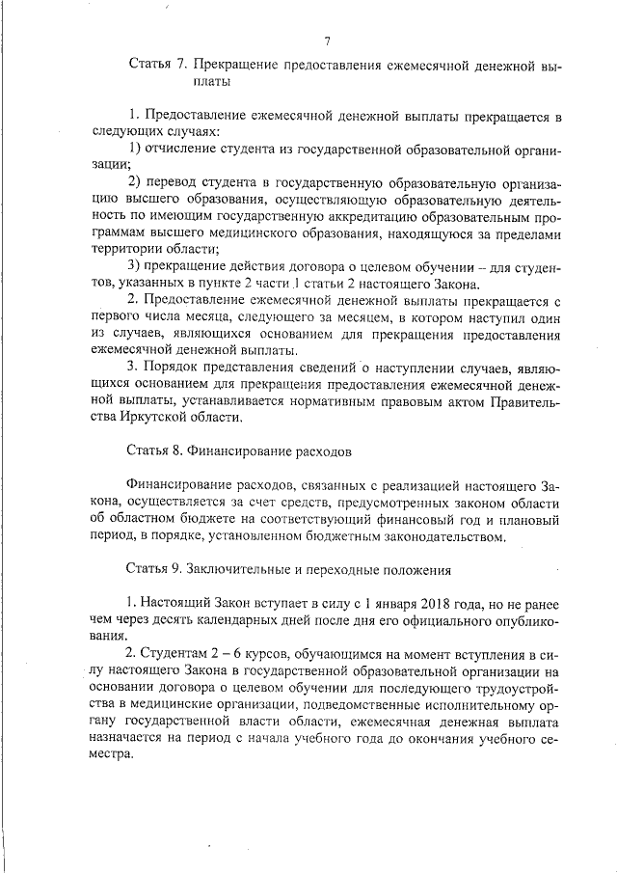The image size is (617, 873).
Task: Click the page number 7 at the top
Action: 328,41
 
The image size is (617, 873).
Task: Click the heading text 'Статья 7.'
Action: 156,67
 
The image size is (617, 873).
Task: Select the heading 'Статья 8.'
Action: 154,450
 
